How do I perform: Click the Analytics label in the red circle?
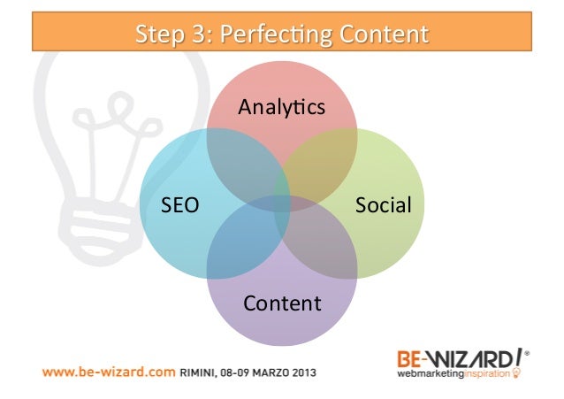pos(281,108)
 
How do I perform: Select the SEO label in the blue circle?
pos(179,206)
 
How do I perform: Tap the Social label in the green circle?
pos(383,206)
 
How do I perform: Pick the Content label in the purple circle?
pos(282,303)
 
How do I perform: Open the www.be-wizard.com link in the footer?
pos(107,372)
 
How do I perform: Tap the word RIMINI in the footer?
pos(202,372)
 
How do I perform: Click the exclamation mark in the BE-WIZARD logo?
pos(514,358)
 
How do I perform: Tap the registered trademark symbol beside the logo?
pos(528,353)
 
